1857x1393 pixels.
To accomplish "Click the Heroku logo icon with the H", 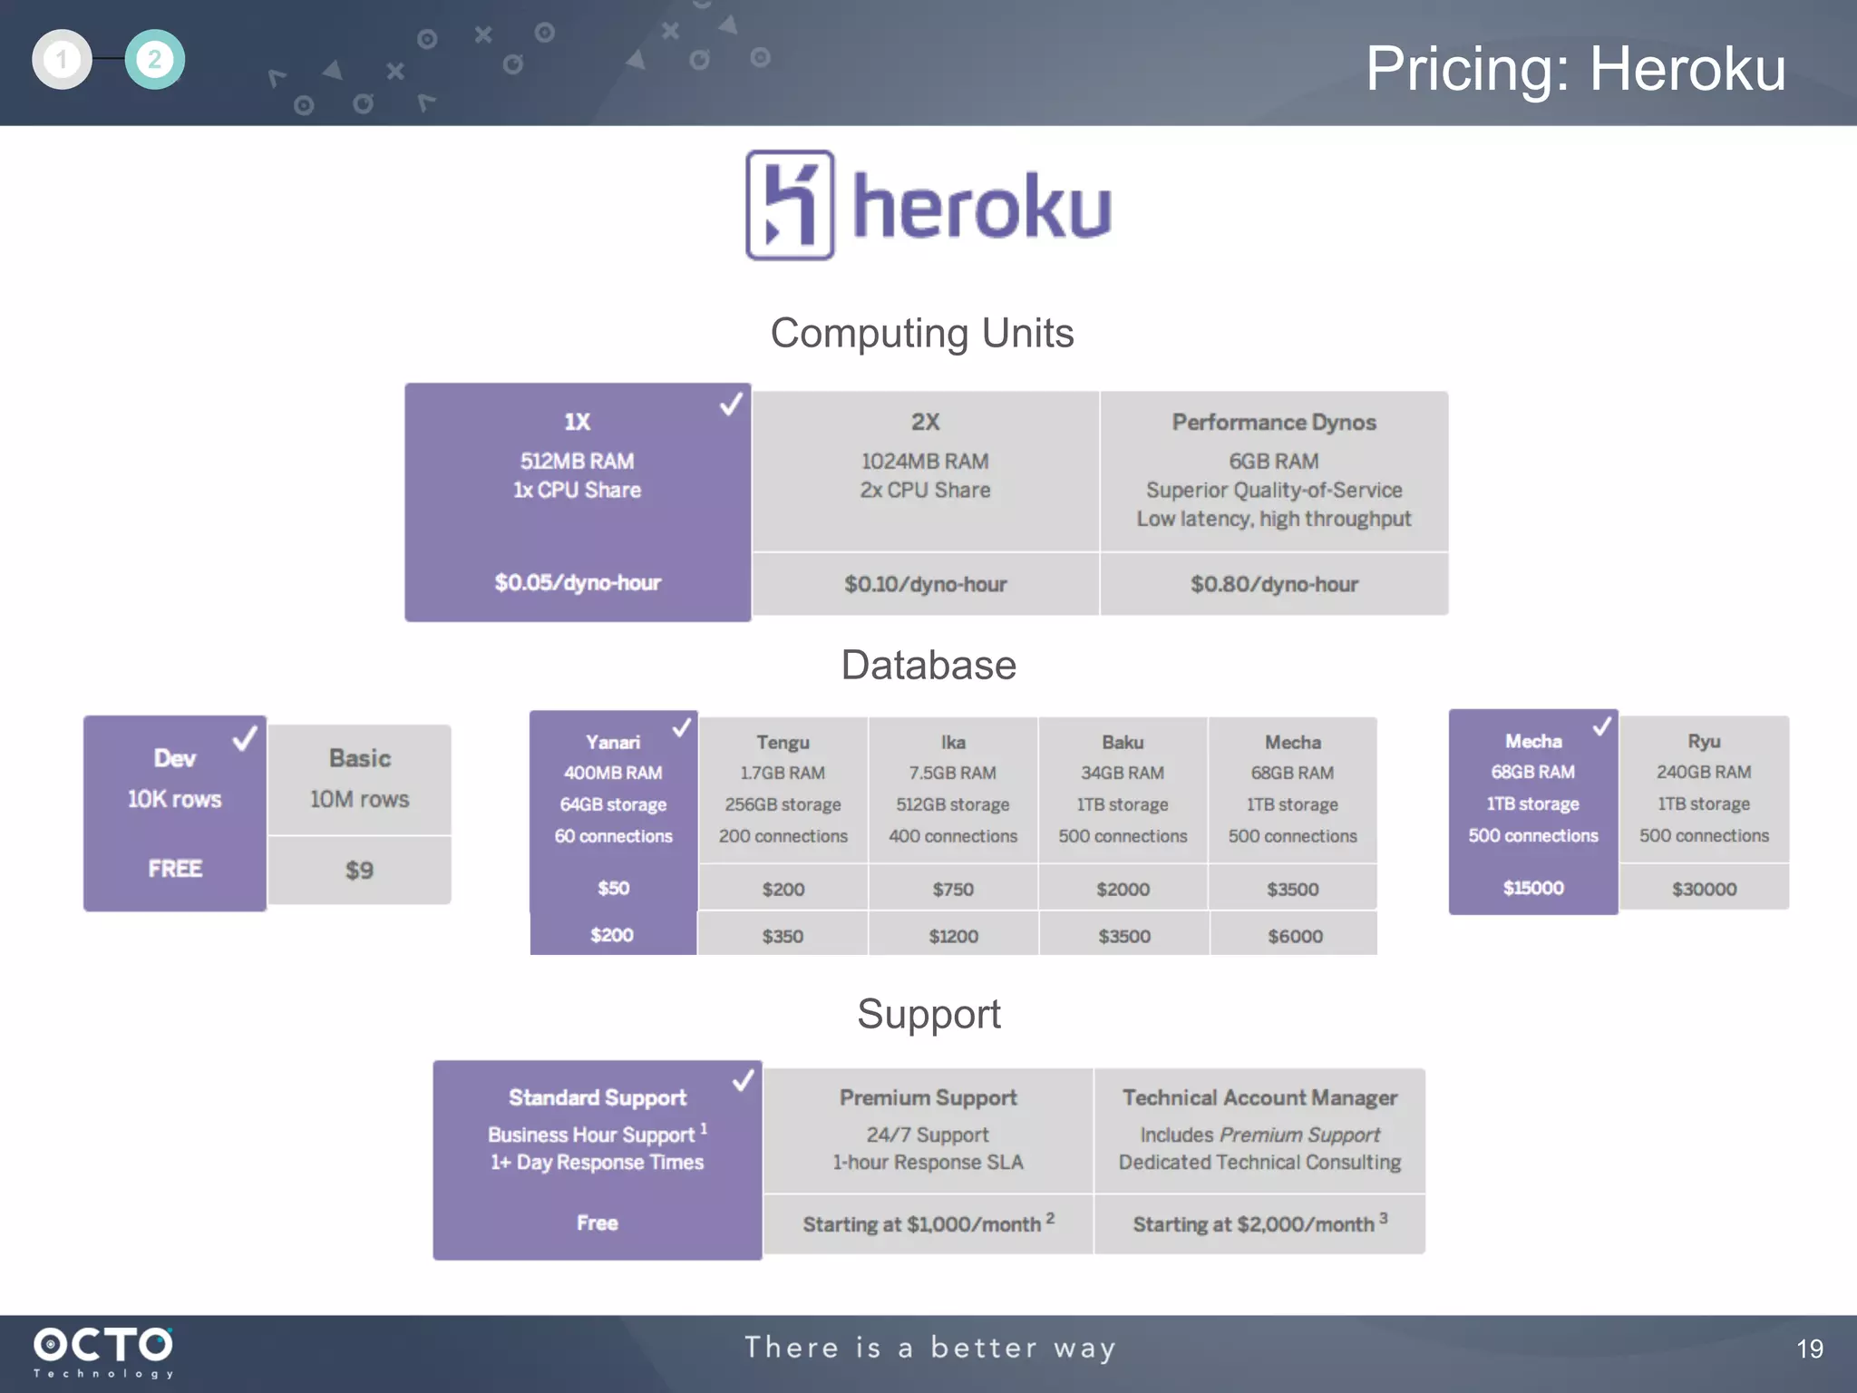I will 789,205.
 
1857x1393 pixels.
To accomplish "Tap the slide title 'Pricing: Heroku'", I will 1575,69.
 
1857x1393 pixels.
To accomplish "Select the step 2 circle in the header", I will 154,60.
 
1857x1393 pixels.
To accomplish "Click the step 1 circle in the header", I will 62,60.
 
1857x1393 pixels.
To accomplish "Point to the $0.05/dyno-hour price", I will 578,582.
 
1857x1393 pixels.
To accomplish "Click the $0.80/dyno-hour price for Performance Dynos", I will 1273,584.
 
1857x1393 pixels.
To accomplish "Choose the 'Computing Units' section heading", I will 921,333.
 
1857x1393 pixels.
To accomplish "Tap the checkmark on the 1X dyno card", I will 730,404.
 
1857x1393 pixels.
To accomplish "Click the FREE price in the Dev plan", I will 175,869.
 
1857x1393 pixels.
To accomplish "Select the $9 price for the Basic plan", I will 359,871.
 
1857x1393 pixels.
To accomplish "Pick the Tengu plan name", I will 783,743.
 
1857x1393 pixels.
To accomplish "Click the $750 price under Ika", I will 953,890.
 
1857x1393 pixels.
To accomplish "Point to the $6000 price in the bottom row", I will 1294,936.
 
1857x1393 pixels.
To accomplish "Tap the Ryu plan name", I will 1704,741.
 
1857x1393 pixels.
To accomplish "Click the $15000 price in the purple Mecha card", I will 1533,888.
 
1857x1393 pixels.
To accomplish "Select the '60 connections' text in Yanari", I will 614,836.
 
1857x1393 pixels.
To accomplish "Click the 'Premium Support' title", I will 928,1098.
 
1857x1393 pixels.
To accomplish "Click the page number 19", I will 1809,1349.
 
